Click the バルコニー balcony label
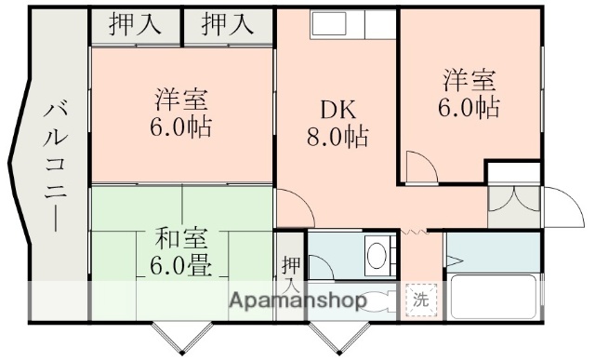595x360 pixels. click(x=52, y=167)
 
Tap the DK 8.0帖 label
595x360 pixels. click(x=337, y=124)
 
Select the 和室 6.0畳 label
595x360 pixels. click(x=180, y=250)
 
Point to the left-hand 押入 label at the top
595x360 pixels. click(x=135, y=23)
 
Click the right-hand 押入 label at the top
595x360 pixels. click(x=227, y=23)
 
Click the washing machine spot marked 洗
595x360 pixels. click(x=421, y=300)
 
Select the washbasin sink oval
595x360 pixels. click(x=377, y=253)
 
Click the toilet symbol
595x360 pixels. click(x=377, y=300)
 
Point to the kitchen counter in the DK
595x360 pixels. click(x=338, y=24)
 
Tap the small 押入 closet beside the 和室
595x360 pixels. click(x=290, y=265)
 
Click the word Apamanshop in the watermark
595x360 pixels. click(x=297, y=300)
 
